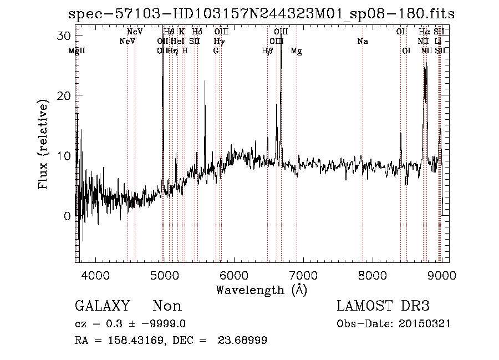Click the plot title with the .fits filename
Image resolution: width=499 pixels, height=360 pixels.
click(x=261, y=14)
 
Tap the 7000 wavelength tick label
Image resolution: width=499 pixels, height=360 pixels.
click(x=303, y=275)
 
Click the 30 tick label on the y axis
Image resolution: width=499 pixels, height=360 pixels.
click(x=64, y=36)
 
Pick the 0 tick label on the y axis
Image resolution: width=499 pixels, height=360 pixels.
click(x=68, y=216)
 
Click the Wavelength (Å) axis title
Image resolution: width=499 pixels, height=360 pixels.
click(x=261, y=290)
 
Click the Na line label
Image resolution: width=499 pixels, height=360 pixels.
click(x=363, y=41)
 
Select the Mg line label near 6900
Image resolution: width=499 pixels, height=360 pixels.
click(x=297, y=50)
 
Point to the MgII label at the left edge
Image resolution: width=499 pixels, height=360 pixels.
click(x=77, y=50)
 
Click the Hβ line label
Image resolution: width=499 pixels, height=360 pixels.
click(x=267, y=50)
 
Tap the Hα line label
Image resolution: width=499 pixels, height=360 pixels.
click(x=425, y=32)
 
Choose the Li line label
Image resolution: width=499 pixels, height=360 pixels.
click(x=438, y=41)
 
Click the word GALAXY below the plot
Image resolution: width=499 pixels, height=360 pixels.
click(x=102, y=306)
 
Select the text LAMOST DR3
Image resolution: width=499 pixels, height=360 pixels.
click(x=383, y=306)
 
